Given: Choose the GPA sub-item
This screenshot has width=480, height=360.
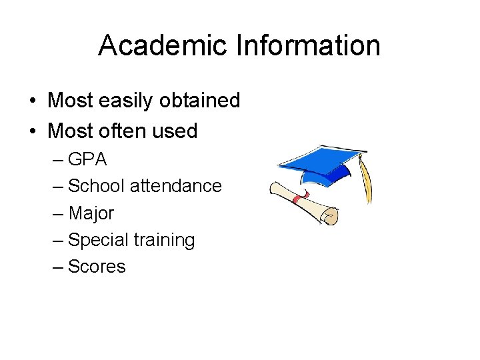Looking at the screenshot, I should coord(87,160).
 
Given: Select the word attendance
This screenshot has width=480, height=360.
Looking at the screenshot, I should coord(175,186).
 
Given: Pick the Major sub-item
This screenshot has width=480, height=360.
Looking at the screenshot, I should coord(91,214).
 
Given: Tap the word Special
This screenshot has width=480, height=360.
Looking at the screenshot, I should coord(99,241).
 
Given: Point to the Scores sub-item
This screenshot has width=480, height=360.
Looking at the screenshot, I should coord(97,267).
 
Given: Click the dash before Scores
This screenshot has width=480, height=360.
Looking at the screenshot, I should coord(58,267).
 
